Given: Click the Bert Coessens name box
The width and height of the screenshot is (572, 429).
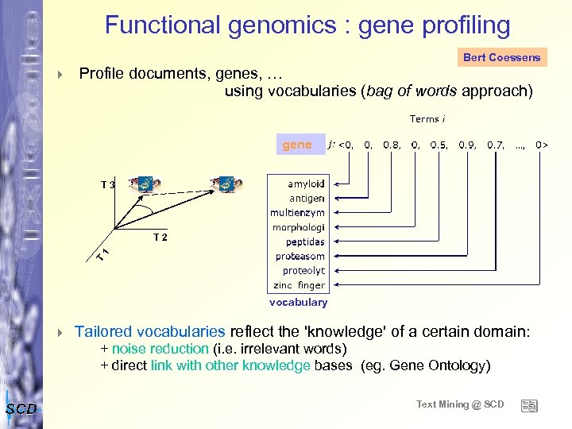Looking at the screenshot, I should (x=502, y=57).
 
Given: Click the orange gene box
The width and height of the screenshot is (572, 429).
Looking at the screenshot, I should (x=297, y=145).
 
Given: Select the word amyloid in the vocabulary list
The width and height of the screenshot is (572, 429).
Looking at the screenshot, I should (x=306, y=184).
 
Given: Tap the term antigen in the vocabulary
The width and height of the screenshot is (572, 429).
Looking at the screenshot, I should (x=307, y=198).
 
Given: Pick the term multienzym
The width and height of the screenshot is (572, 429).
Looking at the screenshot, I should (x=297, y=213).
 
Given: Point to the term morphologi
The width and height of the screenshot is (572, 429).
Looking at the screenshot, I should (x=299, y=227).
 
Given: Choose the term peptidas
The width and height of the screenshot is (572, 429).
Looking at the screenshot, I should (x=305, y=242).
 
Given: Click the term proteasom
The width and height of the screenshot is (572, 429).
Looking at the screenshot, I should (x=300, y=256).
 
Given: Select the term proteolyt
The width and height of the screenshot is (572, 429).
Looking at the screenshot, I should (x=303, y=270).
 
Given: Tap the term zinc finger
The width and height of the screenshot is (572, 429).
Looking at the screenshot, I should (x=300, y=284).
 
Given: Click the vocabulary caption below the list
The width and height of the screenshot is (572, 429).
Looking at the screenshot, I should (x=298, y=303).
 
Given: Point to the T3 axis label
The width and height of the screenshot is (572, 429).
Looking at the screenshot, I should (x=107, y=185).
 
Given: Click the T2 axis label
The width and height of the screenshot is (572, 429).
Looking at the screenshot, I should (x=160, y=237).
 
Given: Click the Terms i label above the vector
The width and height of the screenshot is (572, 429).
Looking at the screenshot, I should (x=427, y=119).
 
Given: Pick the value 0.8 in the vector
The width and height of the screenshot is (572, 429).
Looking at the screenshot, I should (x=392, y=145).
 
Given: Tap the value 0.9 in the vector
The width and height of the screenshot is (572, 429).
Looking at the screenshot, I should (x=467, y=145).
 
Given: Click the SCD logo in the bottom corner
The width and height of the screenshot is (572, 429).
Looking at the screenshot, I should (x=21, y=408).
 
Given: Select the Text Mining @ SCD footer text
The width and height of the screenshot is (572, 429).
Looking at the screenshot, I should (x=460, y=404).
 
